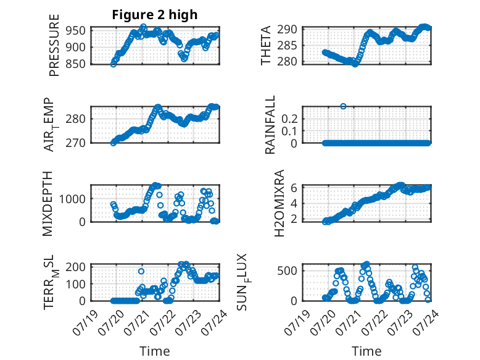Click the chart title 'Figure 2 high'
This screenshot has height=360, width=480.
click(155, 15)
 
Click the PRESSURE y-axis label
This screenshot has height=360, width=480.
click(54, 45)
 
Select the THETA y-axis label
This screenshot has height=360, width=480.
click(266, 45)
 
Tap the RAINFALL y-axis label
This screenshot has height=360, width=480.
click(270, 125)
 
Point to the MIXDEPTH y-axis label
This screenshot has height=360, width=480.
click(48, 204)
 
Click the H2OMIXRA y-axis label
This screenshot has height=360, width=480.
click(279, 203)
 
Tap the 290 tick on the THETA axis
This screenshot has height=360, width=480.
click(287, 30)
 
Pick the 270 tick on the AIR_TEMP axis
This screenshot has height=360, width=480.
click(75, 143)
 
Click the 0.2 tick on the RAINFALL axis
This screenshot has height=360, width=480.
click(289, 119)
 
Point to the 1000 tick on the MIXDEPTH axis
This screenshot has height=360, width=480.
click(72, 199)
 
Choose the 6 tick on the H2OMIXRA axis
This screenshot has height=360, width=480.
click(294, 188)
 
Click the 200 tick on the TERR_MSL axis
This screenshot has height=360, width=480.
click(75, 267)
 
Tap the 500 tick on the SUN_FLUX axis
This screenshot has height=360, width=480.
click(287, 271)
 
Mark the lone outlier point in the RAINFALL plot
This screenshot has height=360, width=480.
click(343, 106)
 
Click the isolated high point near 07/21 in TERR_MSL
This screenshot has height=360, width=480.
click(141, 271)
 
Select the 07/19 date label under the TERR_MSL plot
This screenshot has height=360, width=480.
click(86, 322)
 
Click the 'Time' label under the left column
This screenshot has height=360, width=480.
click(155, 351)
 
